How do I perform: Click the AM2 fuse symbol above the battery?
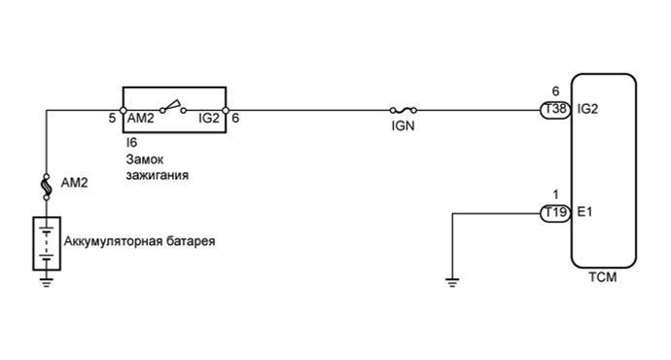tap(47, 182)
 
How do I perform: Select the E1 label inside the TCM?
tap(584, 212)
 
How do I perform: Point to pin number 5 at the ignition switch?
tap(112, 117)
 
